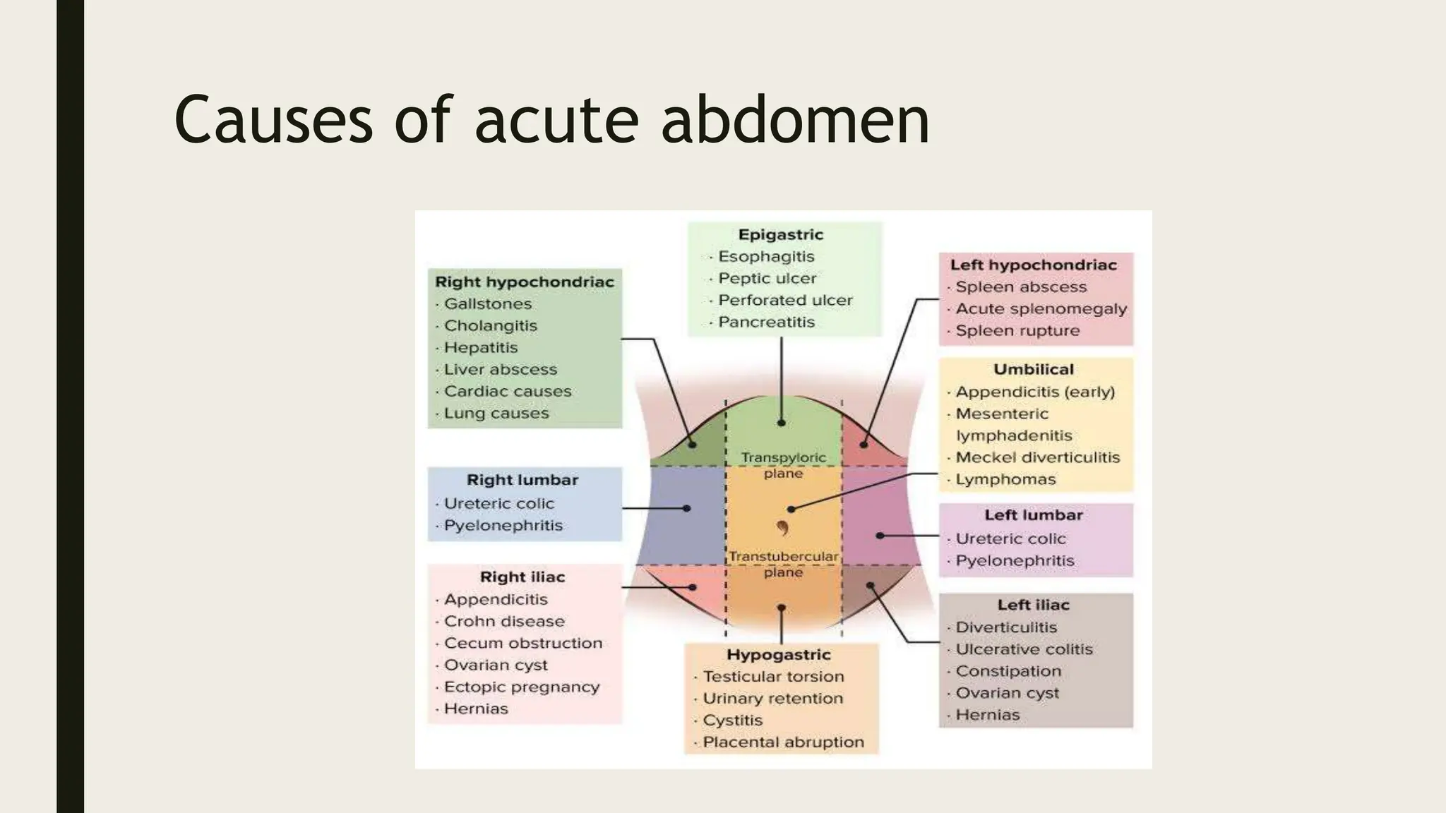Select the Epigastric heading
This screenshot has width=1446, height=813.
pyautogui.click(x=780, y=234)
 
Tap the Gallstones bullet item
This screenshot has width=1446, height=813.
pyautogui.click(x=487, y=303)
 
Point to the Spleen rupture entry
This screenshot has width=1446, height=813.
pyautogui.click(x=1017, y=330)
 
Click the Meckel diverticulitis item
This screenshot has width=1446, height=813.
pyautogui.click(x=1037, y=457)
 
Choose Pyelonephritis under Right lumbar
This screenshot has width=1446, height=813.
pyautogui.click(x=503, y=525)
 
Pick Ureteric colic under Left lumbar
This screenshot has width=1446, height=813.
pyautogui.click(x=1010, y=538)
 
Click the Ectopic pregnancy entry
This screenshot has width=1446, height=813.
pyautogui.click(x=521, y=687)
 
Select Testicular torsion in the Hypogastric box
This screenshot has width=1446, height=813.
pyautogui.click(x=773, y=676)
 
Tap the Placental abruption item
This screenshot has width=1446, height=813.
pyautogui.click(x=783, y=742)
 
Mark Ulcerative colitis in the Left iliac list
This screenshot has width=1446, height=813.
pyautogui.click(x=1024, y=649)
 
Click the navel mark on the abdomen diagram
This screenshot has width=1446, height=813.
pyautogui.click(x=782, y=528)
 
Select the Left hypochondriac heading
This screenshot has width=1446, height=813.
pyautogui.click(x=1033, y=265)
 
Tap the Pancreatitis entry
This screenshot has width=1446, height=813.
pyautogui.click(x=766, y=322)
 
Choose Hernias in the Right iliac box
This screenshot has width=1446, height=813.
pyautogui.click(x=475, y=709)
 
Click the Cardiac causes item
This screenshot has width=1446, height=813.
pyautogui.click(x=507, y=391)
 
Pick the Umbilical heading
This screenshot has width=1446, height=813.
pyautogui.click(x=1033, y=369)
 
